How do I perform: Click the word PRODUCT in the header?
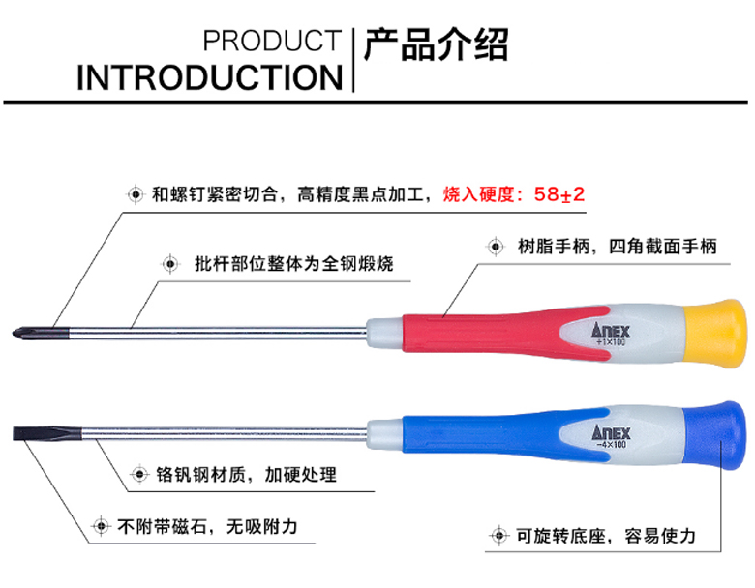coord(272,42)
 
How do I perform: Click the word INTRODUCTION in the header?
coord(210,77)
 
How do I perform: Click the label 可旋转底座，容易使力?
coord(606,535)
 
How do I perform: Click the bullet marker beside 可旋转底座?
coord(498,535)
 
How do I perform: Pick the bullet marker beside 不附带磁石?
coord(99,527)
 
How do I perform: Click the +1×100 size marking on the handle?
coord(611,343)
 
